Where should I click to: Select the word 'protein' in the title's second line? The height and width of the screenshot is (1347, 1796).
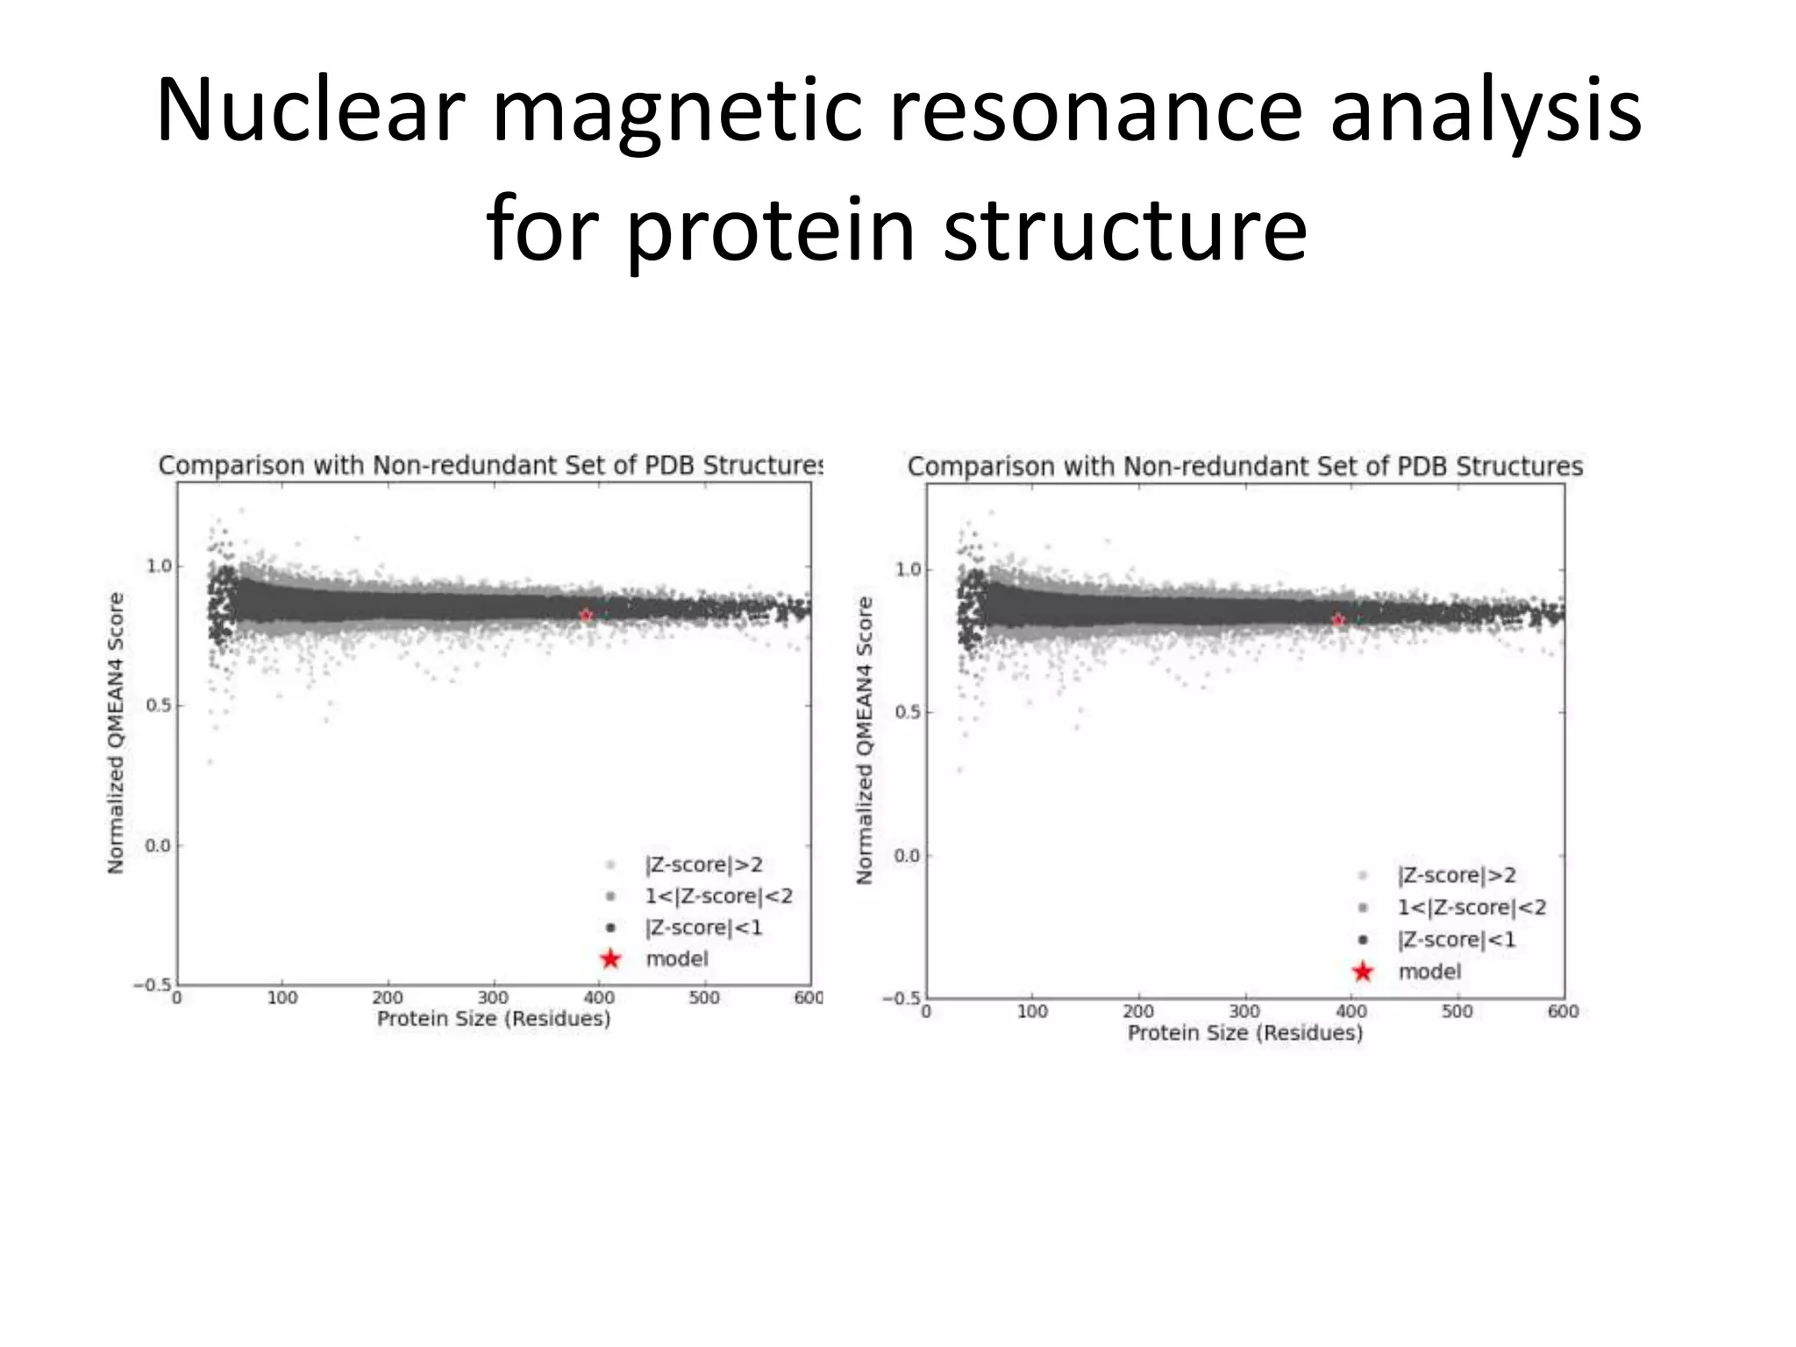(771, 230)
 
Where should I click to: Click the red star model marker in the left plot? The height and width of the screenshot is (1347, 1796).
(586, 616)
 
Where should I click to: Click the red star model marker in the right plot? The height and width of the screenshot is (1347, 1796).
(1337, 621)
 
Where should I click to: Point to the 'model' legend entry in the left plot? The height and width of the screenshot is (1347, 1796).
(676, 959)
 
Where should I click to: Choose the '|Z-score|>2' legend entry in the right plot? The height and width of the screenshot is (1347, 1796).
(1456, 875)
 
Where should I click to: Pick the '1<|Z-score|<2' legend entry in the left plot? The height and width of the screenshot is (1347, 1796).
(718, 895)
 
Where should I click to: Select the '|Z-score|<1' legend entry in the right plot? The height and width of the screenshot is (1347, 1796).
(1456, 939)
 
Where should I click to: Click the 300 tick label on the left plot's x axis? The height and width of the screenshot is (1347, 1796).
(493, 998)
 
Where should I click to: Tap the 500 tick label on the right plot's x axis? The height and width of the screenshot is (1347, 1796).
(1457, 1011)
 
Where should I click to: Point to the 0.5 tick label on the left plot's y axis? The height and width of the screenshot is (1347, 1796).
(158, 706)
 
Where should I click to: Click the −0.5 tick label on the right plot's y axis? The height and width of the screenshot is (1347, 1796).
(902, 999)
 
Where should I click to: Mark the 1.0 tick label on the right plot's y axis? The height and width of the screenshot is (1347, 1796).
(908, 570)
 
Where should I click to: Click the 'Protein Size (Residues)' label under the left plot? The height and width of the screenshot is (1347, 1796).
(493, 1019)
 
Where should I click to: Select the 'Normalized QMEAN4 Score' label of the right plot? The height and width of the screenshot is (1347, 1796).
(865, 740)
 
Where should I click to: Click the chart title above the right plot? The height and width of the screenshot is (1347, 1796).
(1244, 467)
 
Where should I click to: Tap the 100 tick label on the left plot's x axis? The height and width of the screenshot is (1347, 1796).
(282, 998)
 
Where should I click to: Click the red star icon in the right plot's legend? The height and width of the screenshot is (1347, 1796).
(1362, 972)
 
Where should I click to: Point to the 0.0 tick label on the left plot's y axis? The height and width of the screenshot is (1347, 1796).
(158, 846)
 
